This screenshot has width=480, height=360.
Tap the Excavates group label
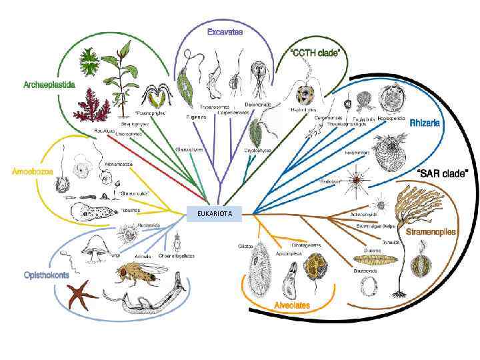225,31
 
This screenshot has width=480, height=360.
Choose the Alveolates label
291,305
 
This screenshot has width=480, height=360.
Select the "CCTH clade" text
315,52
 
